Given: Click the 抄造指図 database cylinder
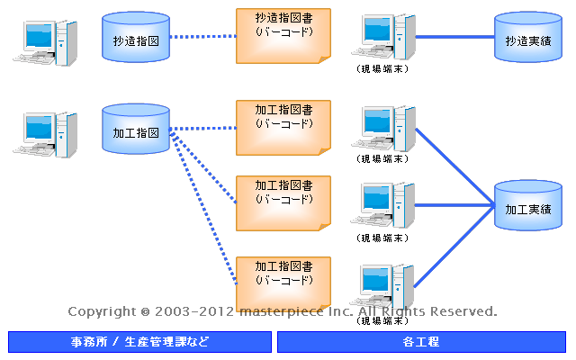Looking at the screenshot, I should (x=136, y=38).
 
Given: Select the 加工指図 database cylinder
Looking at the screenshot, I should (x=136, y=130).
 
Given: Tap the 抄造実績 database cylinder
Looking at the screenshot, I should (x=527, y=38).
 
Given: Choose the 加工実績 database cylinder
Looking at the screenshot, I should (x=527, y=207).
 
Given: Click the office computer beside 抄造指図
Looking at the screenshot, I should (x=41, y=40).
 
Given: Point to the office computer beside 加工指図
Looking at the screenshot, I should (x=41, y=133).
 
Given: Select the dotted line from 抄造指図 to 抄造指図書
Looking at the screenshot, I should (x=202, y=37).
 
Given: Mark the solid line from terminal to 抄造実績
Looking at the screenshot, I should (x=454, y=37).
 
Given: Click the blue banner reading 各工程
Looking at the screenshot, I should (x=421, y=342).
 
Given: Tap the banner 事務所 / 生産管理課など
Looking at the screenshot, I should (x=139, y=342).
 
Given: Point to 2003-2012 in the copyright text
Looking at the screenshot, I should (x=194, y=311).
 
